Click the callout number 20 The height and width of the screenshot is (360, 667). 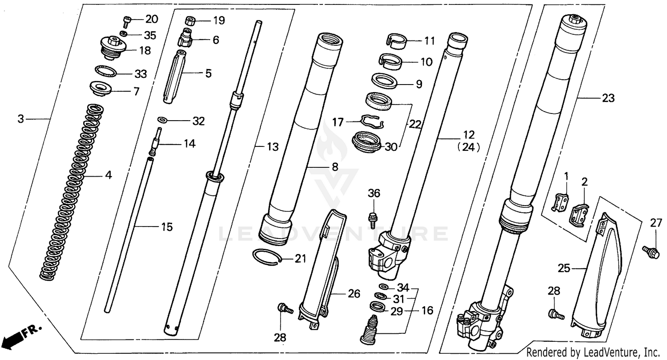[x=152, y=19]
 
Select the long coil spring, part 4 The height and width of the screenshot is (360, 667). [x=73, y=191]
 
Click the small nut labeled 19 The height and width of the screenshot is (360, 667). [x=189, y=20]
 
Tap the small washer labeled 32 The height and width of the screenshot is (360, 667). [x=163, y=120]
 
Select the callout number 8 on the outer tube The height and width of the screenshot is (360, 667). [x=334, y=167]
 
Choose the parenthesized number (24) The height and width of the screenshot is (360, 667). [x=468, y=148]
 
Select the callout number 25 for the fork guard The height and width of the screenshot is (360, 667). [x=564, y=268]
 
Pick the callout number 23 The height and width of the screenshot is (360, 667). [x=608, y=98]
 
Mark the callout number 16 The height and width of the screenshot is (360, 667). [x=427, y=310]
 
